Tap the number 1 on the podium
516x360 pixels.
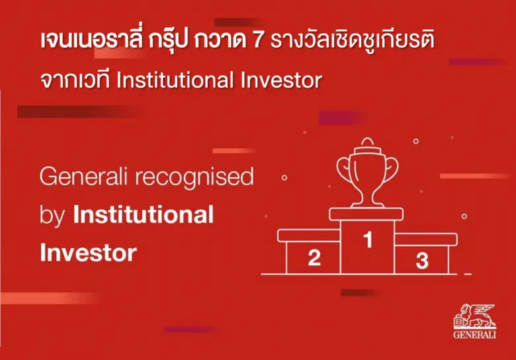pyautogui.click(x=368, y=240)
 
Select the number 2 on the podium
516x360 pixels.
pyautogui.click(x=314, y=257)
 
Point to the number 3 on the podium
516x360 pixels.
pyautogui.click(x=422, y=260)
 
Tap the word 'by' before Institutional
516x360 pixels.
pyautogui.click(x=52, y=216)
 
